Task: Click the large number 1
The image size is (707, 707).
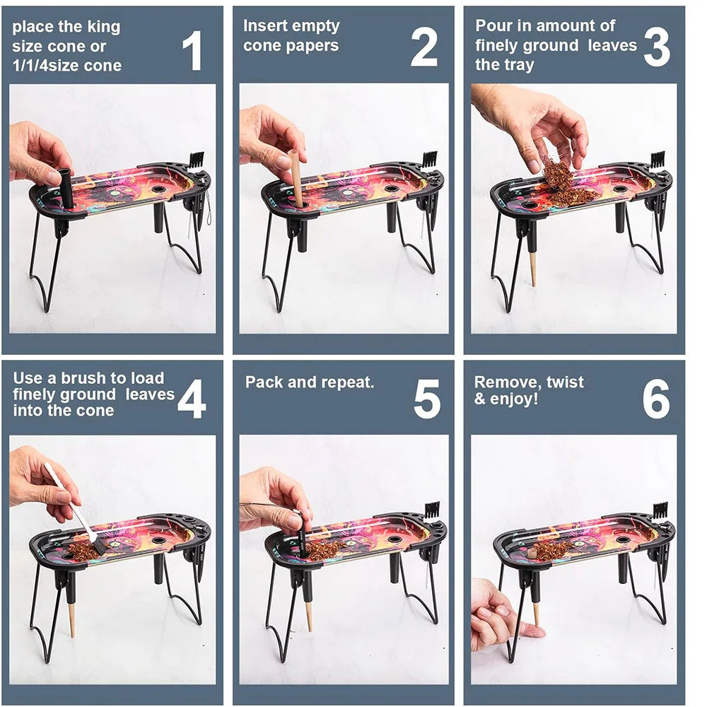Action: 193,50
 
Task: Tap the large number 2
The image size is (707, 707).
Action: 423,47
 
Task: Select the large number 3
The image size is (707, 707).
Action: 657,47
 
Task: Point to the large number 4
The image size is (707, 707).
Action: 192,399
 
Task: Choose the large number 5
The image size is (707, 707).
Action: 426,399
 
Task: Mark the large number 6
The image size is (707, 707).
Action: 656,399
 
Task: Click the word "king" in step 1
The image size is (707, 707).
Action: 104,28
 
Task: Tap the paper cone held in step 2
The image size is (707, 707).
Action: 298,177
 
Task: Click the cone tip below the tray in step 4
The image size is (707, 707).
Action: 71,619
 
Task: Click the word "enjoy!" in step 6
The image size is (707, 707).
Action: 514,399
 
